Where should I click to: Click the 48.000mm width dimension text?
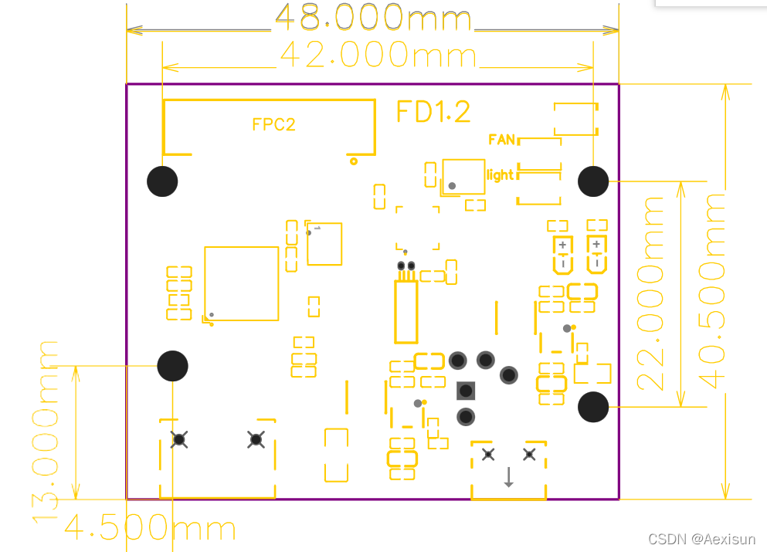coord(372,17)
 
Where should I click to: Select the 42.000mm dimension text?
coord(378,55)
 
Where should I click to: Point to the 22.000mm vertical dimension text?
coord(651,293)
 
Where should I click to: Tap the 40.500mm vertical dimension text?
coord(712,290)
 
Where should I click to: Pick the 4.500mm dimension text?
coord(150,528)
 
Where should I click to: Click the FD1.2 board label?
coord(433,112)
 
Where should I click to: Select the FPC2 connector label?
coord(273,124)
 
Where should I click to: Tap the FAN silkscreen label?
coord(502,140)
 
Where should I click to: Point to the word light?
coord(500,175)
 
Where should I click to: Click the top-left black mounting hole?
coord(162,181)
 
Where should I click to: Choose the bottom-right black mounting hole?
coord(593,406)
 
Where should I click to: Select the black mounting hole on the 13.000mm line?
coord(172,365)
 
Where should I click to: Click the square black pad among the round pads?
coord(466,390)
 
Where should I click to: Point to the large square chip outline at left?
coord(241,283)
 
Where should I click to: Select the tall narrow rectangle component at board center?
coord(406,312)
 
